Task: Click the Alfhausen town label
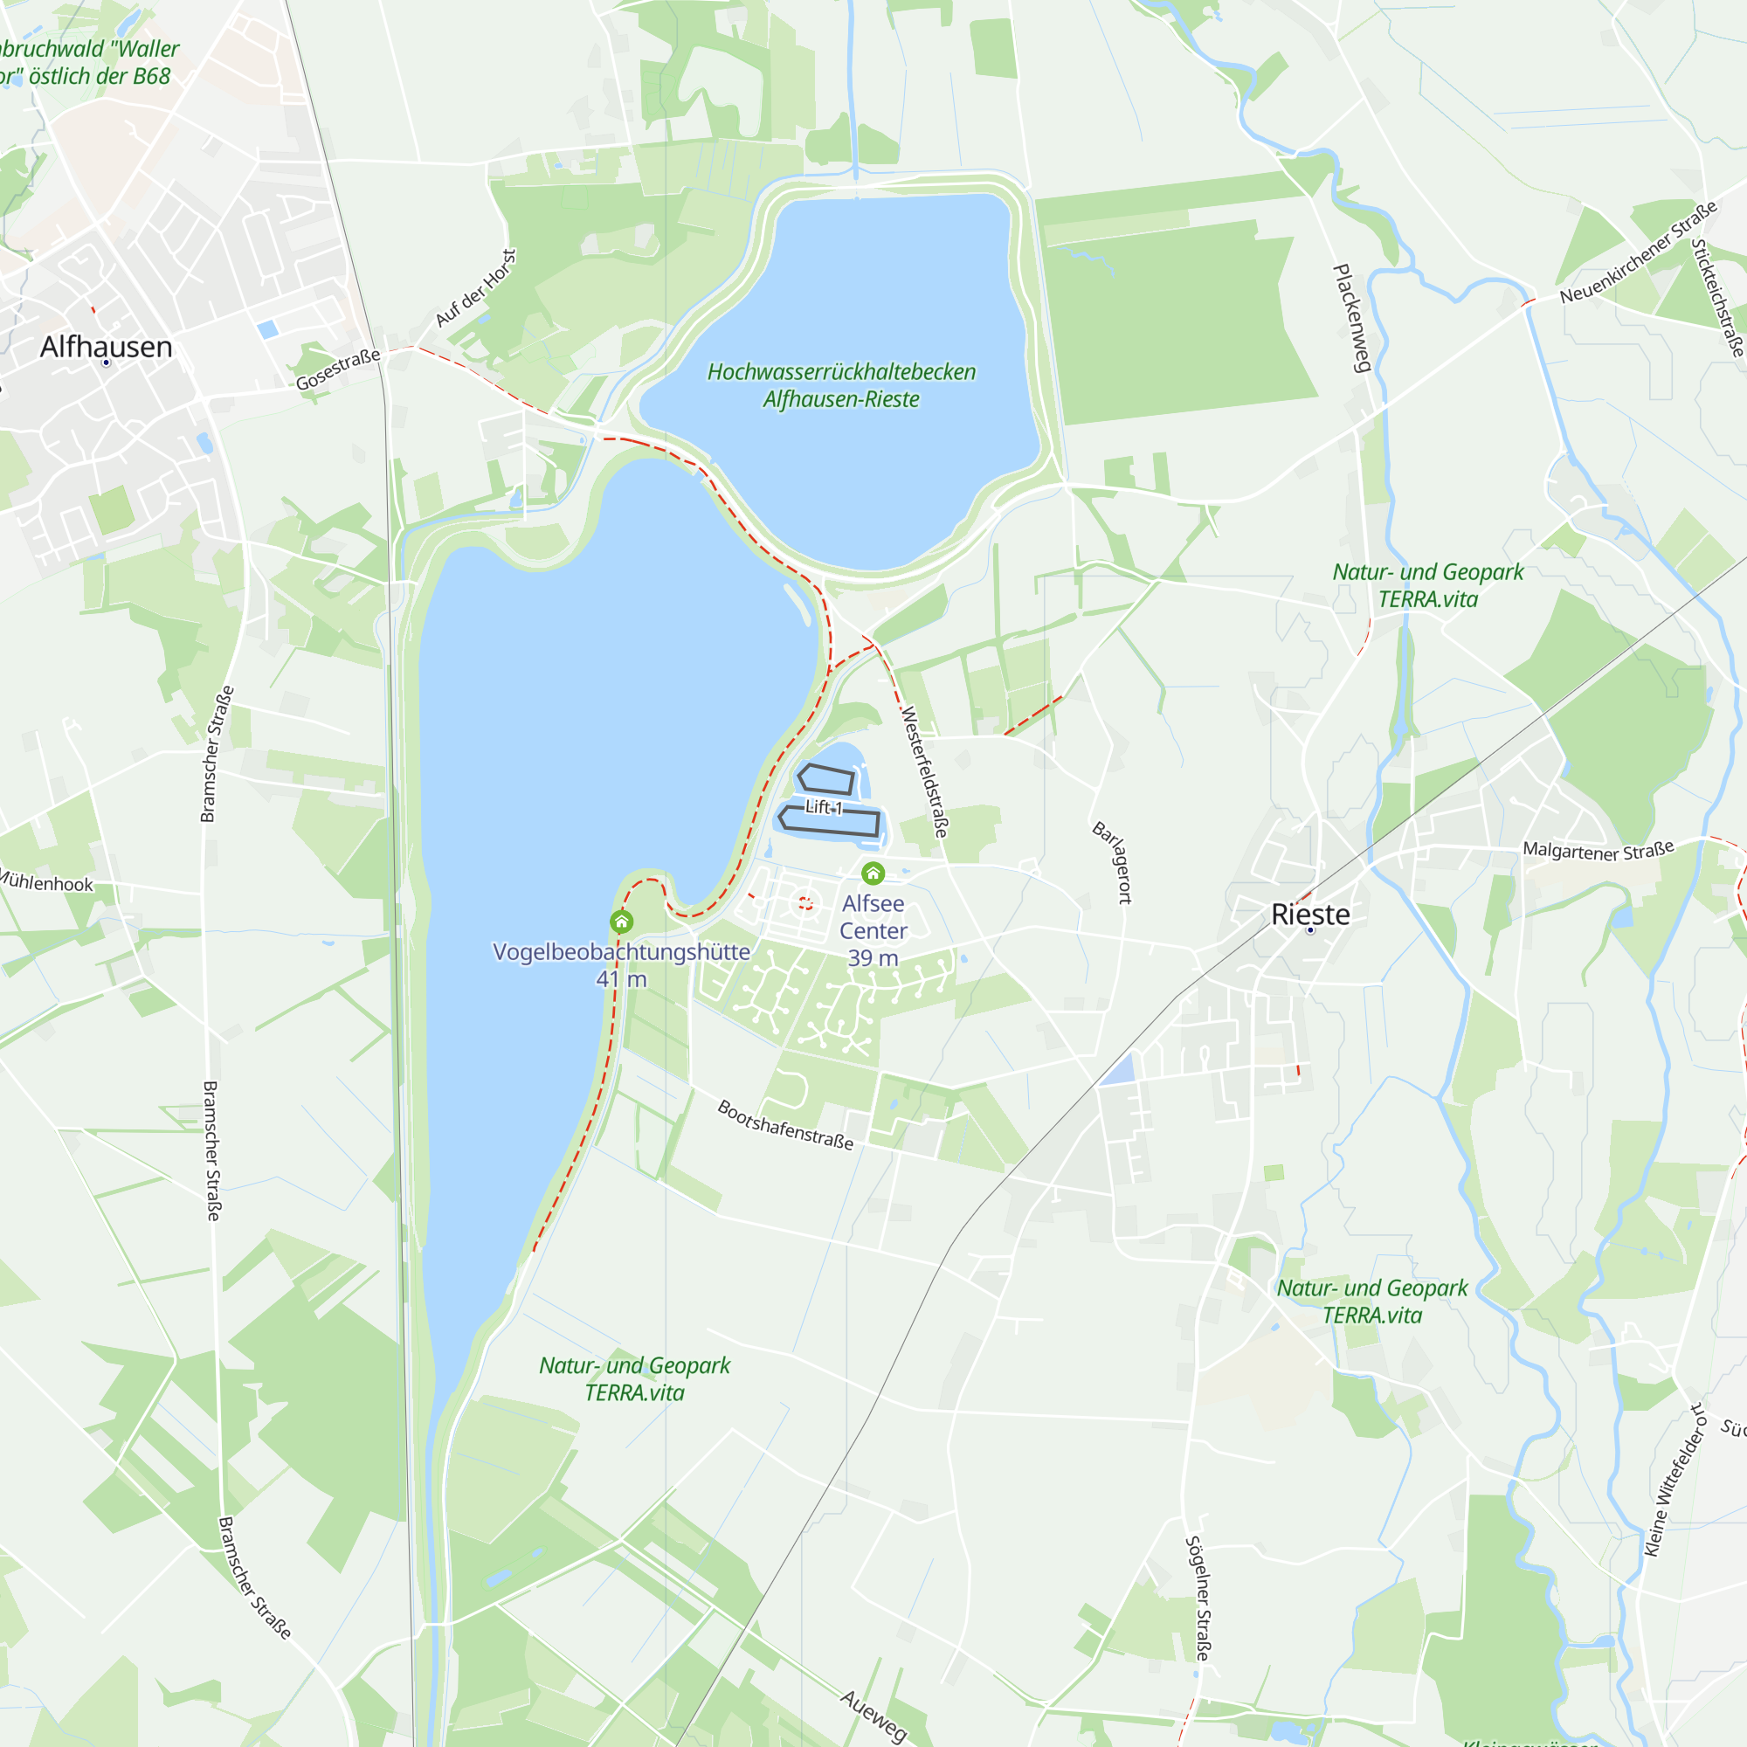tap(106, 348)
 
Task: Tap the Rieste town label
tap(1310, 915)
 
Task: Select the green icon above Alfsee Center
tap(873, 873)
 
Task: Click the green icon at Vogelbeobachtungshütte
tap(621, 922)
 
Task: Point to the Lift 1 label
tap(824, 807)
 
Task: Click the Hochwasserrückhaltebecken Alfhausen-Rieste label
tap(841, 385)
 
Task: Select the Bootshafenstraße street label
tap(785, 1124)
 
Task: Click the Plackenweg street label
tap(1353, 318)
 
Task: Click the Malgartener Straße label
tap(1598, 850)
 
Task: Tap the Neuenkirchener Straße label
tap(1638, 253)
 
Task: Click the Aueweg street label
tap(873, 1716)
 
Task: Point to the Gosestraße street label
tap(338, 369)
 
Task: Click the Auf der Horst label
tap(476, 288)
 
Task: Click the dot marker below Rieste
tap(1310, 929)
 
